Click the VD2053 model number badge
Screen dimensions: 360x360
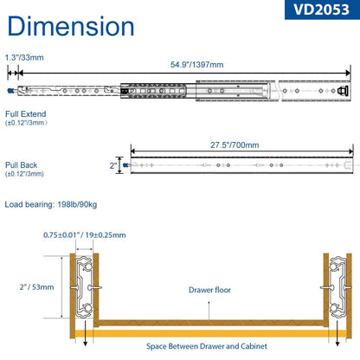(322, 10)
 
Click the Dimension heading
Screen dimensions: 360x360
(71, 26)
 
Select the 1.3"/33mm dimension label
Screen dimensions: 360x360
(24, 57)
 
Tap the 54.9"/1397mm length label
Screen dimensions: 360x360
(197, 64)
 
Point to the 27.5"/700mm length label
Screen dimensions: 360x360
(235, 145)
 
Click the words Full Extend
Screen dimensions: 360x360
(26, 114)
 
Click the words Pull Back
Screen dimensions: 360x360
(22, 165)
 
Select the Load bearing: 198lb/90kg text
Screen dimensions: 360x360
(51, 204)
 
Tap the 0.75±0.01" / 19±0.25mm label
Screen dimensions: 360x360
(85, 235)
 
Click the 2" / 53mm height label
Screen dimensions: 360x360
(36, 287)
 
